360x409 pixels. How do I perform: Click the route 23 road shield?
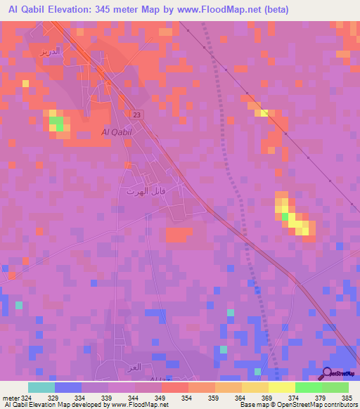[x=136, y=115]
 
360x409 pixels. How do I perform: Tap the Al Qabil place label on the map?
[x=117, y=132]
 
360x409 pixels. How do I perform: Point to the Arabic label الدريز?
[x=51, y=52]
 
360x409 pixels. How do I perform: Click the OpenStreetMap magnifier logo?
[x=328, y=374]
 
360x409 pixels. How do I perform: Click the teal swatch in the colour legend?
[x=41, y=387]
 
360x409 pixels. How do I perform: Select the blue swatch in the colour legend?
[x=67, y=387]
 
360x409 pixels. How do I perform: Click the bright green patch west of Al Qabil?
[x=56, y=124]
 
